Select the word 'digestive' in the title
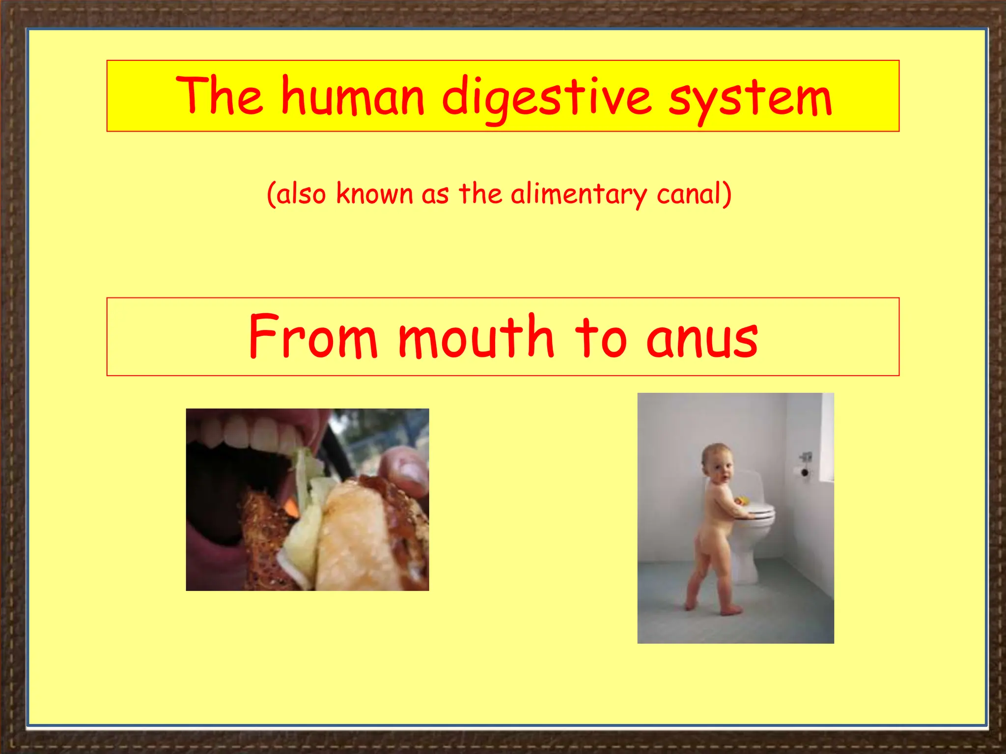[x=547, y=98]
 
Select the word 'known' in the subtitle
[x=374, y=193]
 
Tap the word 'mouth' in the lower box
[x=475, y=336]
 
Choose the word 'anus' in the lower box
[x=702, y=339]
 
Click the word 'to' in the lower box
[x=600, y=337]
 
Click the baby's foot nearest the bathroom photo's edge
[x=691, y=604]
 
